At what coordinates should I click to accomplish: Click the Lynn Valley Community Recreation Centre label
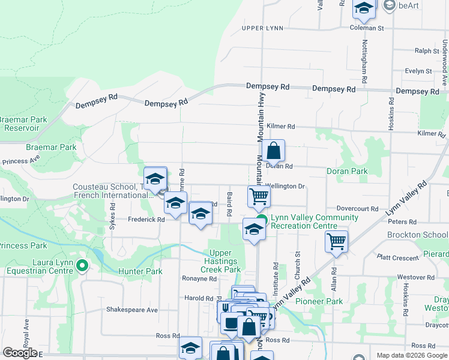[x=306, y=221]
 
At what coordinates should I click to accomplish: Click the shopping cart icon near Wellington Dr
[x=259, y=196]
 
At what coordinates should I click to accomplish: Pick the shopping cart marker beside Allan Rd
[x=337, y=242]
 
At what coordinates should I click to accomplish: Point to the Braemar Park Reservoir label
[x=23, y=124]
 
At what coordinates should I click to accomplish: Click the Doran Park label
[x=346, y=172]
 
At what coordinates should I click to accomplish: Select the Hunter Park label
[x=140, y=271]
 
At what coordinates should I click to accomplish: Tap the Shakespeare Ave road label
[x=131, y=310]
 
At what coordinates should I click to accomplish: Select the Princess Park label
[x=23, y=245]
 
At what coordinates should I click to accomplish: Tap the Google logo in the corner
[x=20, y=353]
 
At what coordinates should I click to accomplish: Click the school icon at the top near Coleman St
[x=363, y=8]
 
